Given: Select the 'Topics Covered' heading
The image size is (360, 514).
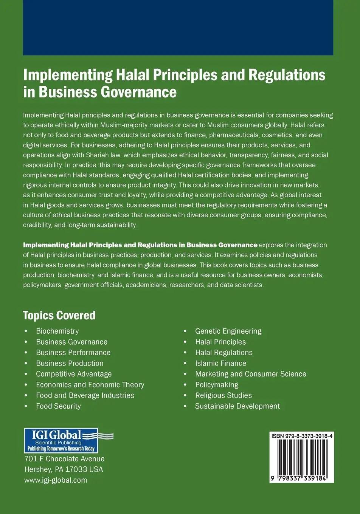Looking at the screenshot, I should (x=59, y=315).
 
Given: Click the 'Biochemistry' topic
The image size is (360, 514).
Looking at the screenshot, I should (x=57, y=331).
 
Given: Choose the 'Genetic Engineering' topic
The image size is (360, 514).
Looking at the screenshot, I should (x=228, y=331).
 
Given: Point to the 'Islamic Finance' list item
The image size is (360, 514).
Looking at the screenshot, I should (x=220, y=363).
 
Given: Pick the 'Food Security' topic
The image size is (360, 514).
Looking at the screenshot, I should (x=58, y=406).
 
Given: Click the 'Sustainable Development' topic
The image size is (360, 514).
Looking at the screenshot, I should (x=237, y=406).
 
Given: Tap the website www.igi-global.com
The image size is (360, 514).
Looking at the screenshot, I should (x=56, y=480).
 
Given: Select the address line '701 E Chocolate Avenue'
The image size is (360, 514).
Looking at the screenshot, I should (x=64, y=459).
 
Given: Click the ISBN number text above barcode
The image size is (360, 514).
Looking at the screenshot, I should (x=302, y=436).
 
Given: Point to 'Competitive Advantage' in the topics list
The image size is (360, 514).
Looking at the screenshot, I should (x=74, y=374).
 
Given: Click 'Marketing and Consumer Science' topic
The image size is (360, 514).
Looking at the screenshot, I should (x=250, y=374).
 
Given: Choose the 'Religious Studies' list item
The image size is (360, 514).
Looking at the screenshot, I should (x=223, y=395).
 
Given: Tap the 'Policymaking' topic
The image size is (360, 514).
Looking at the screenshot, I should (x=217, y=385).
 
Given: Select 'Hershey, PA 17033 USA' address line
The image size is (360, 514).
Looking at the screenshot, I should (x=64, y=469).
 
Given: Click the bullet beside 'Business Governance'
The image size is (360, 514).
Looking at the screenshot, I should (x=26, y=342).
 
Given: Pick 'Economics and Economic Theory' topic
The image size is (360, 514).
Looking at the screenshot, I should (x=90, y=385).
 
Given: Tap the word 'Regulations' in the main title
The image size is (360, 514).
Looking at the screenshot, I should (x=287, y=74).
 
